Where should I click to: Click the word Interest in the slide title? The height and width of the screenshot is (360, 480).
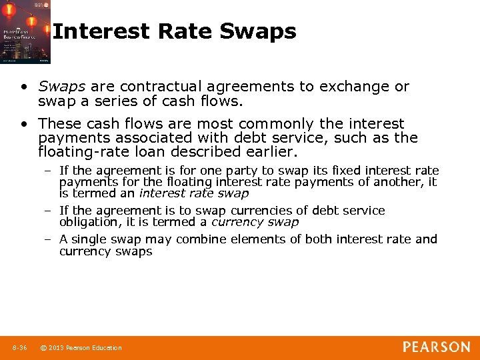click(101, 31)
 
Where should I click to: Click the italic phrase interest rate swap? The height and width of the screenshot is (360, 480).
click(193, 193)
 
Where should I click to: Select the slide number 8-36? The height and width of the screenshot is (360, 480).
click(19, 347)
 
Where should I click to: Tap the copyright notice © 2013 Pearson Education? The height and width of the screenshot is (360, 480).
click(81, 347)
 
